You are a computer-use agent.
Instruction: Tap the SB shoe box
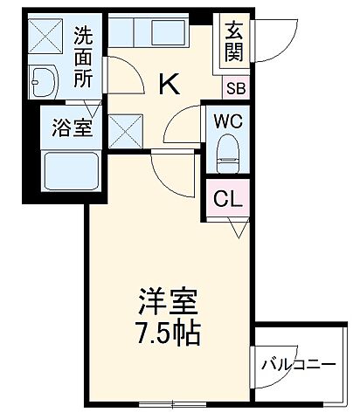point(236,87)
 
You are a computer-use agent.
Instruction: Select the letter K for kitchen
point(170,84)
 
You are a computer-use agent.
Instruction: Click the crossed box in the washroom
point(41,35)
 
